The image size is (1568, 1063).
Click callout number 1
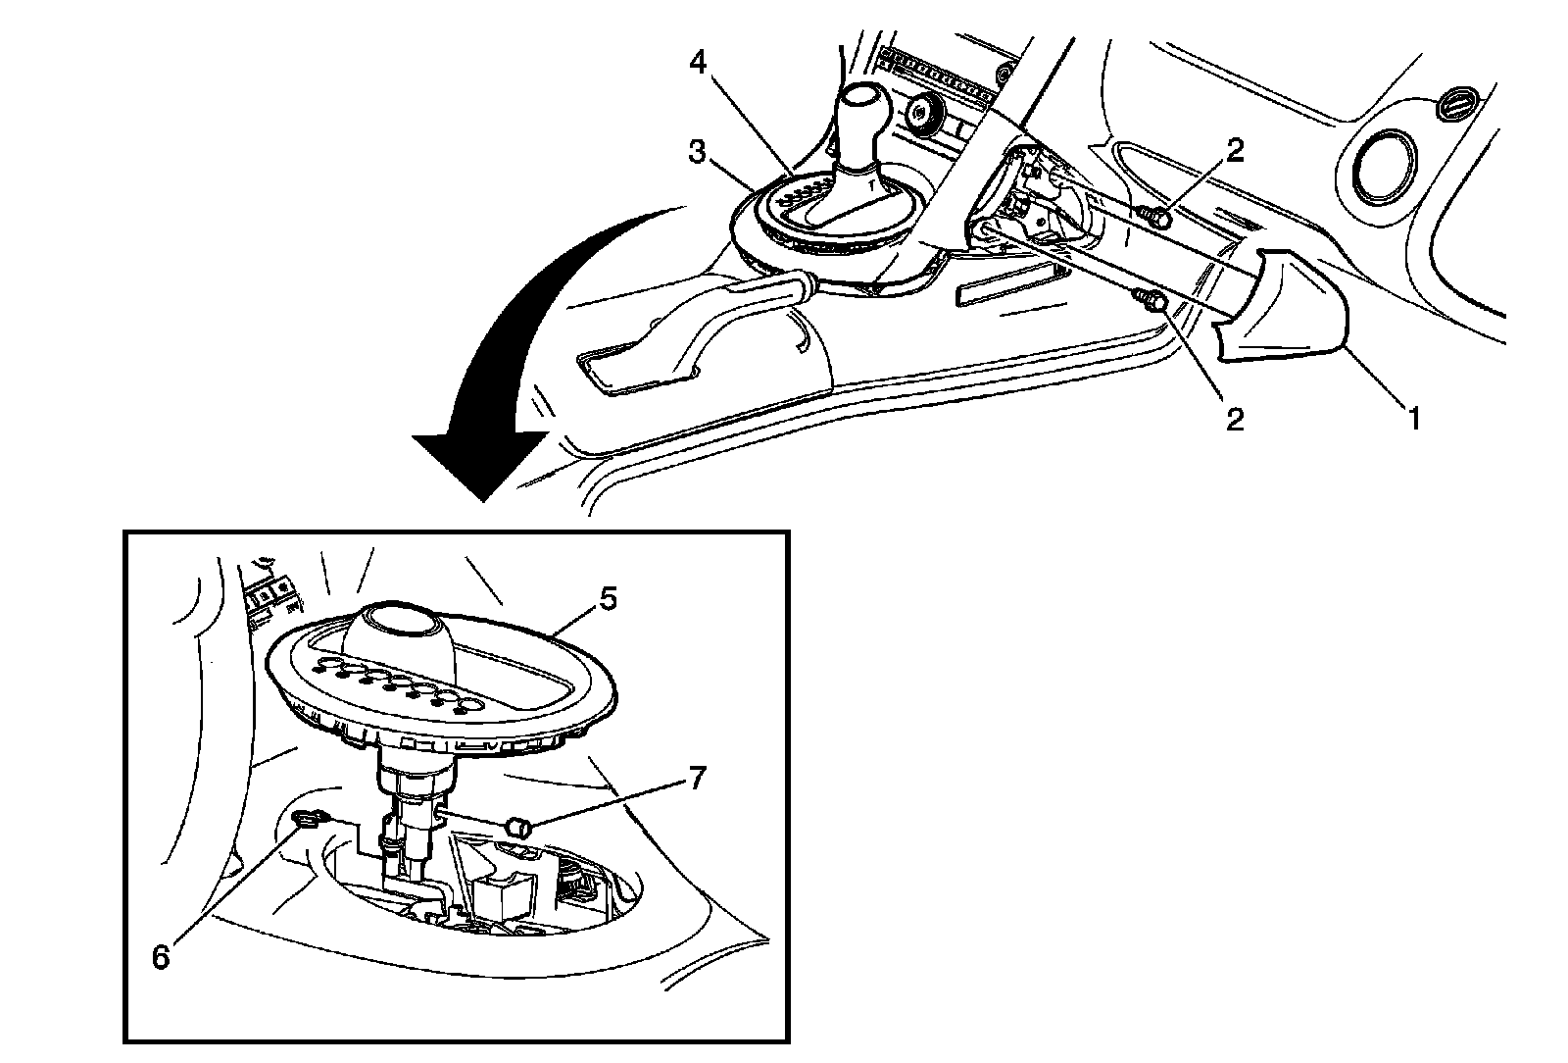[x=1413, y=419]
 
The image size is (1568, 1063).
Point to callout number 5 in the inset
[x=608, y=598]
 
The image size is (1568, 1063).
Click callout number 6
[x=162, y=956]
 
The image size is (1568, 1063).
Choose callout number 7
[x=696, y=780]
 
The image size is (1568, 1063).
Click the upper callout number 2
[x=1235, y=149]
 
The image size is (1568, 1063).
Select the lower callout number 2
[x=1235, y=419]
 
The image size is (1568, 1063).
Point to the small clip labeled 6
[x=307, y=817]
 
